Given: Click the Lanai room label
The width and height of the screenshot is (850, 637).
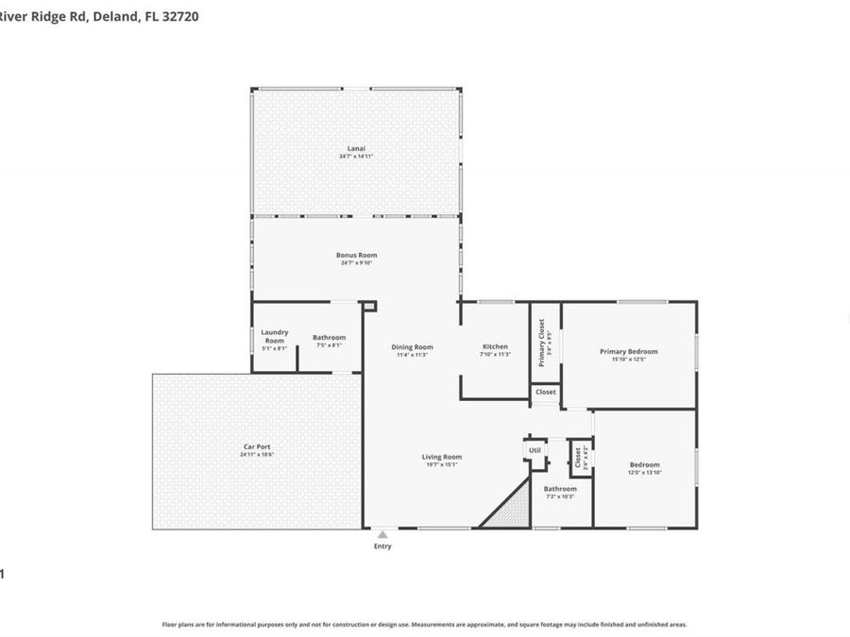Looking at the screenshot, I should pyautogui.click(x=356, y=149).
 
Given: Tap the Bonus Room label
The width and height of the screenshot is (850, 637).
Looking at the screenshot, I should pyautogui.click(x=356, y=255).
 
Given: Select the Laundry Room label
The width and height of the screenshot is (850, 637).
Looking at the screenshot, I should pyautogui.click(x=274, y=337).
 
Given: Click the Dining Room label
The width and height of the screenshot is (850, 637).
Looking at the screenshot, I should pyautogui.click(x=412, y=347).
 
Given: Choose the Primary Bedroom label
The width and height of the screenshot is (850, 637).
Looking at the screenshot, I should pyautogui.click(x=628, y=352).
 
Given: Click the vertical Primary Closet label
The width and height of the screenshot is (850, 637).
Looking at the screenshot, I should pyautogui.click(x=542, y=343).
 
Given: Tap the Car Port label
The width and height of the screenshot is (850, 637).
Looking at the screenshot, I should pyautogui.click(x=256, y=447).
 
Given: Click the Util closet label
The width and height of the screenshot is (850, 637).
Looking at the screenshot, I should pyautogui.click(x=535, y=451).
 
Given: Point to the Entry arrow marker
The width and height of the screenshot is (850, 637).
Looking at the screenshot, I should pyautogui.click(x=382, y=534).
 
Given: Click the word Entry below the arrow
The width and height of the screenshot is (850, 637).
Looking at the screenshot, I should pyautogui.click(x=382, y=546).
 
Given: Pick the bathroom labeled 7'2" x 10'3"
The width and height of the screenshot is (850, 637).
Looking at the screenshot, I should pyautogui.click(x=559, y=490).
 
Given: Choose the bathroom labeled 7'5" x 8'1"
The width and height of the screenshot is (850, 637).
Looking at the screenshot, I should pyautogui.click(x=329, y=338).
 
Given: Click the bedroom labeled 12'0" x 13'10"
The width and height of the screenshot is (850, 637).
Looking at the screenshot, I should pyautogui.click(x=644, y=465).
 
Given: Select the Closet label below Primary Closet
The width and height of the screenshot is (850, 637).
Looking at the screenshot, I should pyautogui.click(x=546, y=392).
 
